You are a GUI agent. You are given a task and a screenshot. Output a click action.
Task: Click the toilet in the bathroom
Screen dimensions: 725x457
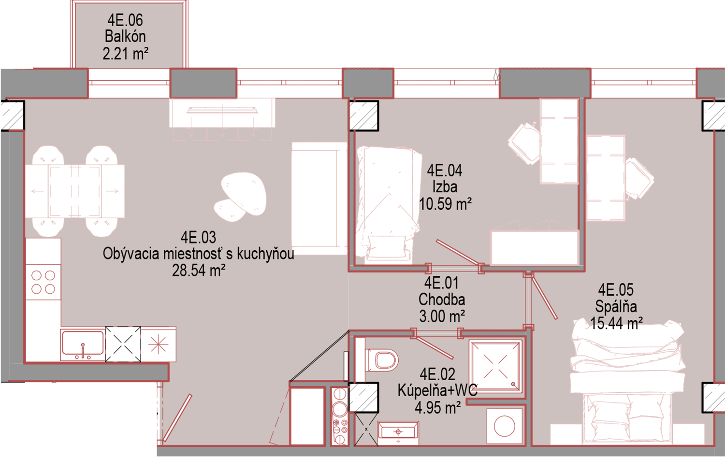(x=377, y=359)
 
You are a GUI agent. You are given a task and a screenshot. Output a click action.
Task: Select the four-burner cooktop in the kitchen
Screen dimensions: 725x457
(x=43, y=282)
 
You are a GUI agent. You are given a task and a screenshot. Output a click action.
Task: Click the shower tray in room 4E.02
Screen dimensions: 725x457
(x=495, y=367)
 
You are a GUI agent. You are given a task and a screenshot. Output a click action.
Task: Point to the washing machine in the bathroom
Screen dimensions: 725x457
(x=504, y=426)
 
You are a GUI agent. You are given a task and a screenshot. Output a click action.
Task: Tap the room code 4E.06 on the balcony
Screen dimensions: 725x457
(x=125, y=20)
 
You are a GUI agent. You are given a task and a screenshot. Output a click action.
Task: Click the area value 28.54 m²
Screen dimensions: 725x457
(x=198, y=271)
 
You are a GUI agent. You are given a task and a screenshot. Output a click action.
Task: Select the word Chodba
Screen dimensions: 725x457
(x=441, y=300)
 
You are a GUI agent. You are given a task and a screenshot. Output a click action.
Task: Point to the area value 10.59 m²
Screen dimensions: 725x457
(x=445, y=204)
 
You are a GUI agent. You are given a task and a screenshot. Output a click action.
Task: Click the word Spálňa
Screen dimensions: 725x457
(x=616, y=306)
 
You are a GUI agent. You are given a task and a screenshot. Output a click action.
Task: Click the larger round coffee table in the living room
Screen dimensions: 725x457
(x=244, y=193)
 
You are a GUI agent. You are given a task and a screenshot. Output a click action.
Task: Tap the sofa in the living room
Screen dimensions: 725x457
(x=319, y=198)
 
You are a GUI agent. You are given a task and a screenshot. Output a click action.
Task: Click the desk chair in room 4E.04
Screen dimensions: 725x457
(x=524, y=143)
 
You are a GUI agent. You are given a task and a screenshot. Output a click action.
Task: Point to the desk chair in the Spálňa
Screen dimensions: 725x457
(x=639, y=178)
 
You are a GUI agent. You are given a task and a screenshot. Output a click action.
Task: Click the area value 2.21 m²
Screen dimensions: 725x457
(x=125, y=53)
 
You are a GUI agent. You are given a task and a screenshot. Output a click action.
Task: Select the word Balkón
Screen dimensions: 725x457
(x=125, y=36)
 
